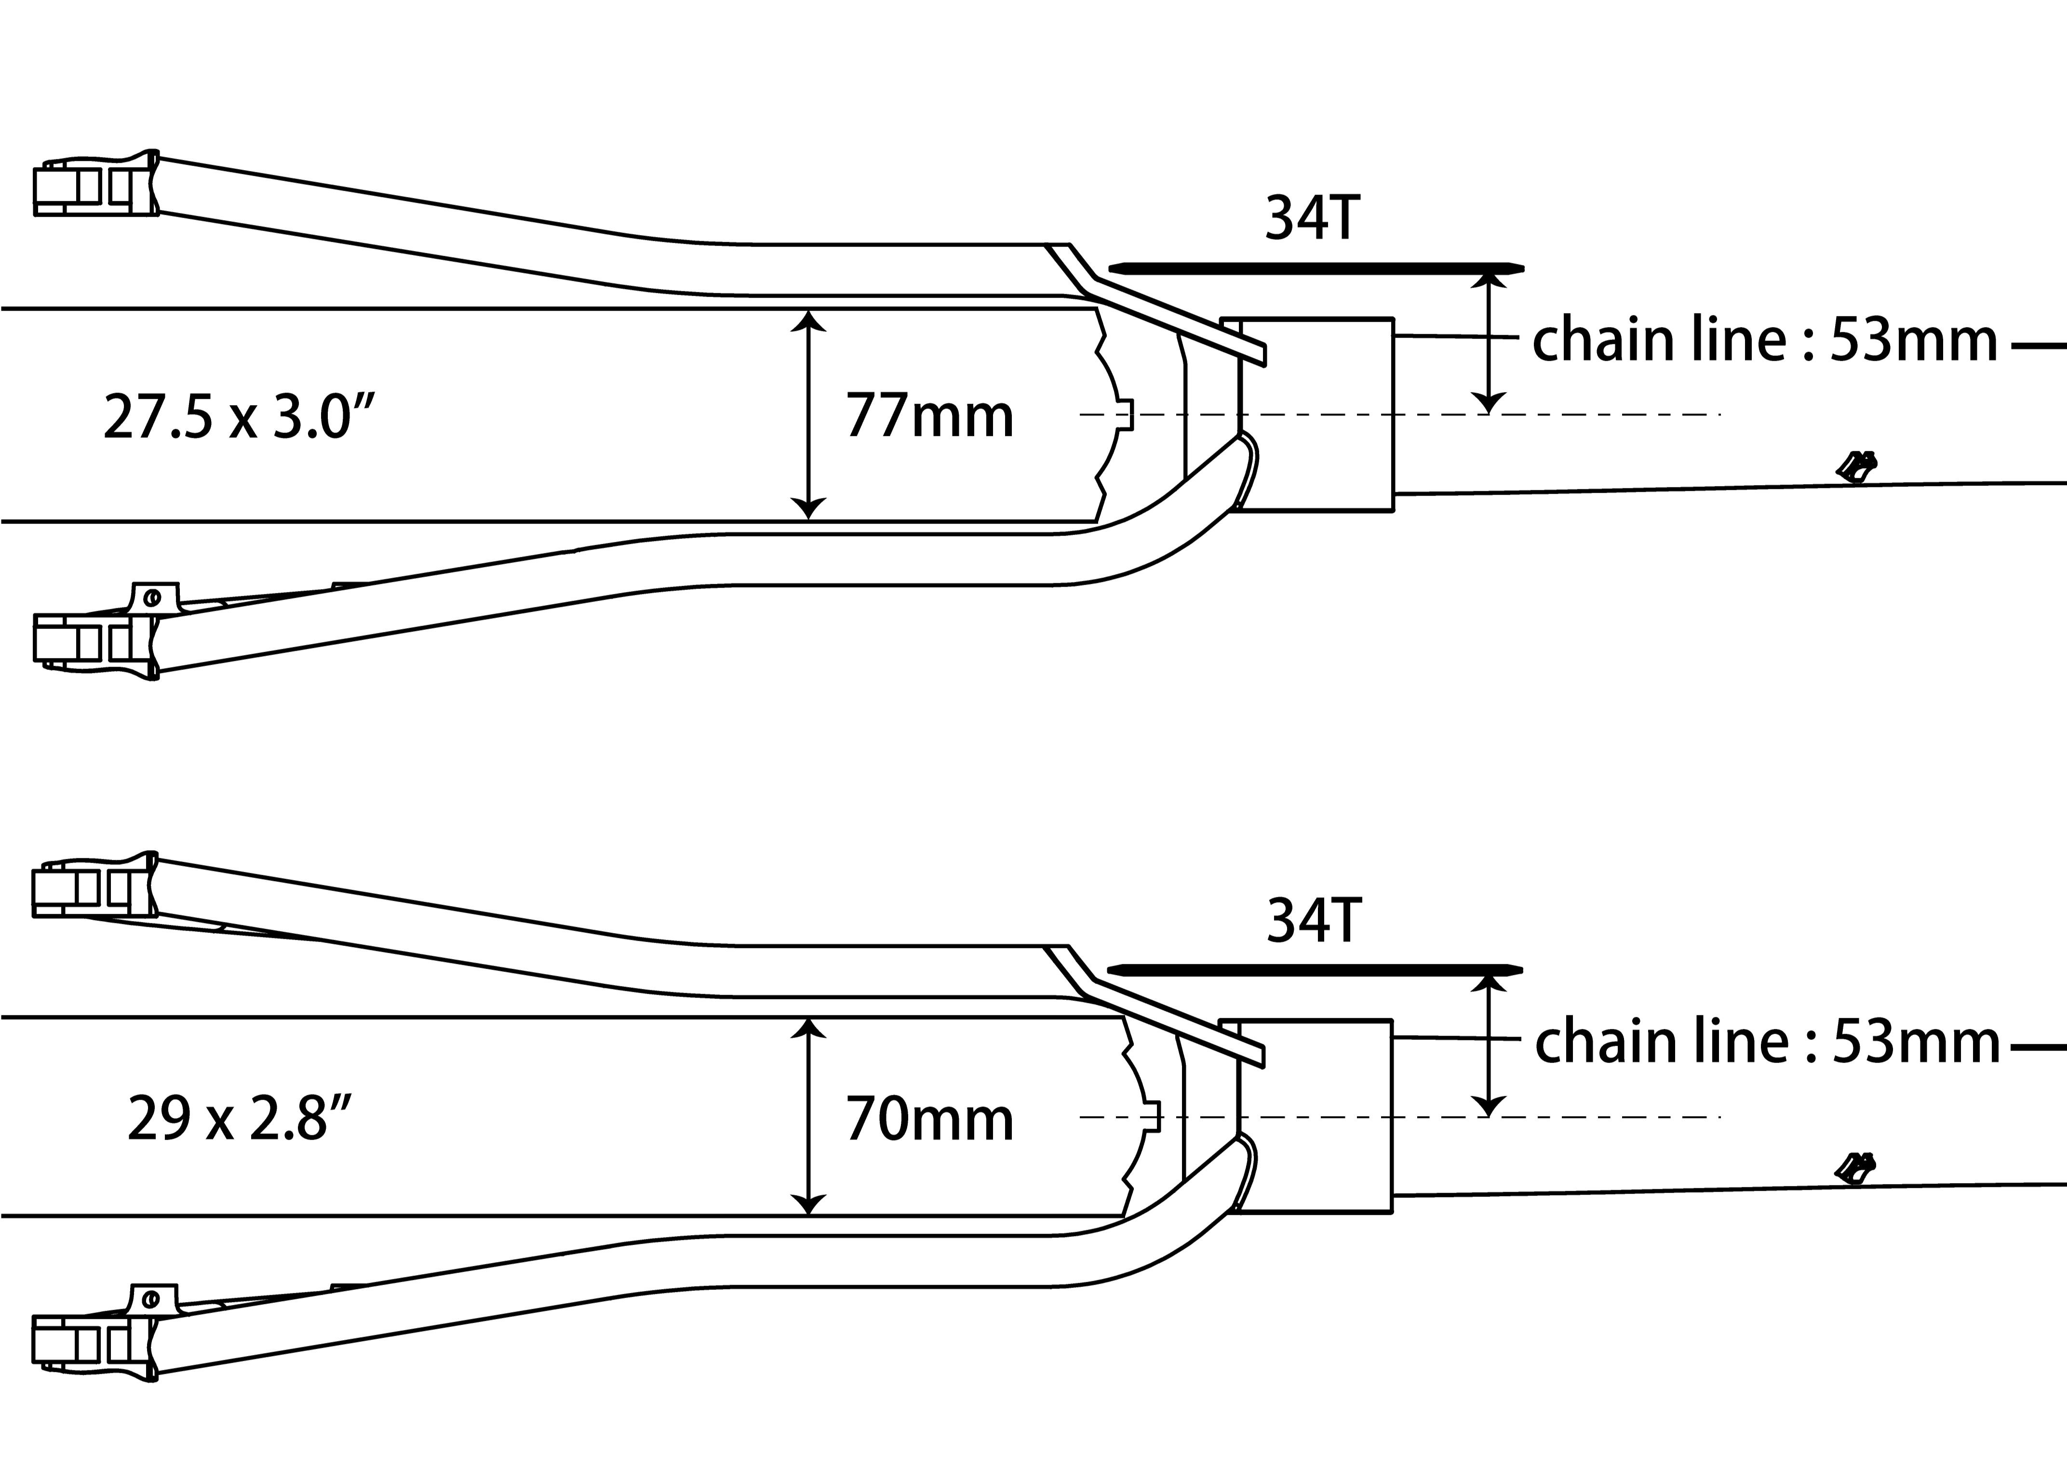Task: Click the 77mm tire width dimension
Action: tap(929, 416)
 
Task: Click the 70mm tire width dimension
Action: tap(929, 1119)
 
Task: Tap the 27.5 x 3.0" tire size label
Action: tap(239, 416)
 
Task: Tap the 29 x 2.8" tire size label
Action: tap(239, 1119)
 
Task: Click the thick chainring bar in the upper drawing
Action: tap(1316, 268)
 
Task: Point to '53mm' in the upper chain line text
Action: tap(1914, 340)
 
